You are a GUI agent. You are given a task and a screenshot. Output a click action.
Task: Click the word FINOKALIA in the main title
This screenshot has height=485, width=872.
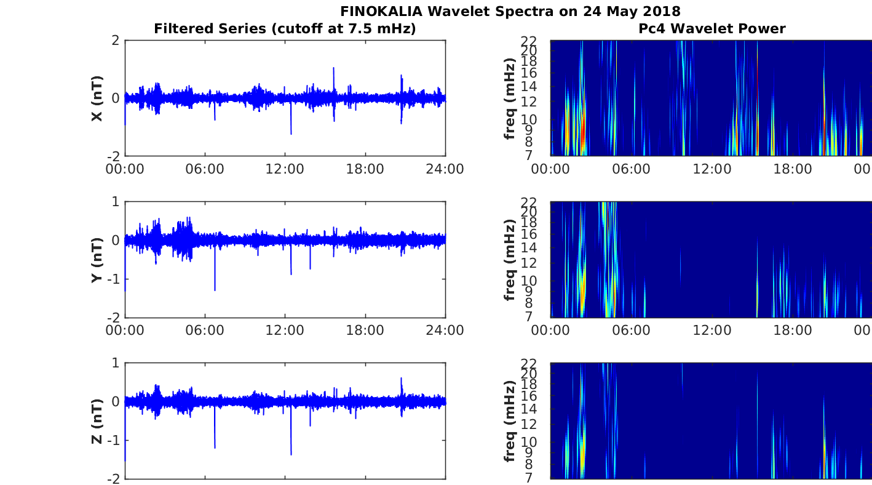tap(381, 11)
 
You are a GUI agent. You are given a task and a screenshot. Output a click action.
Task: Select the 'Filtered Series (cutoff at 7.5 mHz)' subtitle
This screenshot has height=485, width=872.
tap(285, 29)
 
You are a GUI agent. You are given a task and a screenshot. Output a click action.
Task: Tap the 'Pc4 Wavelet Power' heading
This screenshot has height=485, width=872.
tap(711, 29)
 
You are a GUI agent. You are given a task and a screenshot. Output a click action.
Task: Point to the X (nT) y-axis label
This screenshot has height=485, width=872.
tap(97, 98)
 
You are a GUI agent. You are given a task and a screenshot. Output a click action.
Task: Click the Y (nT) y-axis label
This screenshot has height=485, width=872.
tap(97, 260)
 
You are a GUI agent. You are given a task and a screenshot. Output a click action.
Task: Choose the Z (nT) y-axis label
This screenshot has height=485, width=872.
tap(97, 421)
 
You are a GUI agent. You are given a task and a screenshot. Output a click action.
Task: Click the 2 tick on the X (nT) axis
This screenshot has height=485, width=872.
tap(115, 40)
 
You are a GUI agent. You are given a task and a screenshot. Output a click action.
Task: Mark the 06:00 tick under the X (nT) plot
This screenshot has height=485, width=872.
tap(205, 169)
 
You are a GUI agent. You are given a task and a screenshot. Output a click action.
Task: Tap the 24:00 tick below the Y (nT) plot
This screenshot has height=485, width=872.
tap(445, 331)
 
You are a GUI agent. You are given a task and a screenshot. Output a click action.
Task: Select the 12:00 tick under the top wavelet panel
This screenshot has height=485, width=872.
tap(712, 169)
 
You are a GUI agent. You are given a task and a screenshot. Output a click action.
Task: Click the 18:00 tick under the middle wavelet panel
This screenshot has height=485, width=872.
tap(793, 331)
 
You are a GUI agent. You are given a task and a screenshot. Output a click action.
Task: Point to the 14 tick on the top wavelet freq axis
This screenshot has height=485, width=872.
tap(529, 87)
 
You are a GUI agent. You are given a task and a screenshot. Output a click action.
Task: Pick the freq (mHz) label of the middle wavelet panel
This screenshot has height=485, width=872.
tap(509, 260)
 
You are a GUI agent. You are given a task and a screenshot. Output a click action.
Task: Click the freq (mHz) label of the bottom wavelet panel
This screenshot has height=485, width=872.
tap(509, 421)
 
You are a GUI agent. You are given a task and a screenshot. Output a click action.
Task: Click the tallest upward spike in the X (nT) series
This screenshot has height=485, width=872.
tap(334, 68)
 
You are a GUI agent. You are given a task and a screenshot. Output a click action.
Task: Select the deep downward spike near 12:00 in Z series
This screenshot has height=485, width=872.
tap(291, 454)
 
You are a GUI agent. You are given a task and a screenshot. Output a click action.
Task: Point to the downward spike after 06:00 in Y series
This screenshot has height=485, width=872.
tap(215, 289)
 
